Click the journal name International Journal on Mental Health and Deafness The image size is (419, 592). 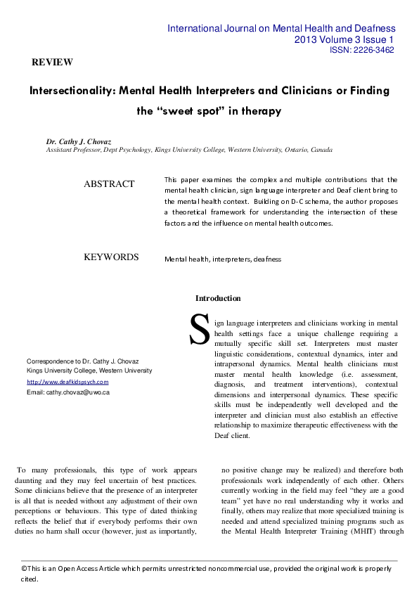281,29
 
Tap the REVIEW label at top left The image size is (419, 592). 52,63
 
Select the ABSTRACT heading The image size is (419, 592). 109,184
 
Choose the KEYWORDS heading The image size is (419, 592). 111,257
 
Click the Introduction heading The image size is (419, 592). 218,298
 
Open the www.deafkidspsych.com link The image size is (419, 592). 67,382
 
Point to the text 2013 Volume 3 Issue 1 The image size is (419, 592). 344,40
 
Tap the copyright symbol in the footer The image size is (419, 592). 24,567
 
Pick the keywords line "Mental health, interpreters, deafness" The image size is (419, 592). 223,259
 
